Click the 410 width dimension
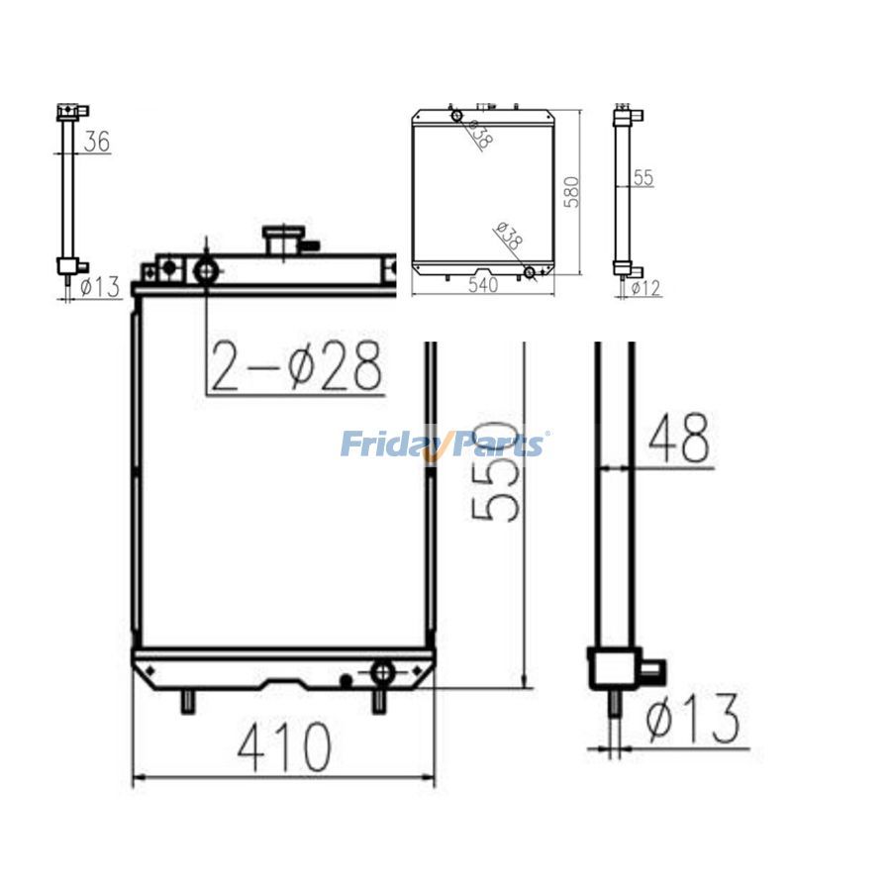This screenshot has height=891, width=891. (283, 746)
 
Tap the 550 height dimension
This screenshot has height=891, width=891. (496, 471)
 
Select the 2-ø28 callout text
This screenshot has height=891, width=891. (295, 366)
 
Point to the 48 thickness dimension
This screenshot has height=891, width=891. (679, 438)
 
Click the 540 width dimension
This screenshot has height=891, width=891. (482, 285)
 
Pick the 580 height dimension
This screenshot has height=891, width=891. (571, 192)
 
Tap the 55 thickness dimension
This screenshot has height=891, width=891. (643, 178)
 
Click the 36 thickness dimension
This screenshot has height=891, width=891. (97, 141)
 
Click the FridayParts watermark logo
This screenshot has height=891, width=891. (443, 444)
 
